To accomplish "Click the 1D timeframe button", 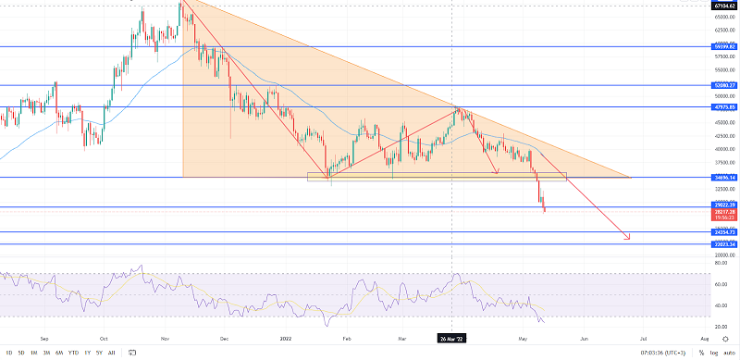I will pyautogui.click(x=9, y=353).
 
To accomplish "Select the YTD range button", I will pyautogui.click(x=73, y=353).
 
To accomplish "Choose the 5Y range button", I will pyautogui.click(x=99, y=353).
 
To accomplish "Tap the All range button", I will pyautogui.click(x=111, y=353).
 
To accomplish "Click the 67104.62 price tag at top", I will pyautogui.click(x=724, y=6).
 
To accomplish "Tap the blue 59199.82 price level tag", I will pyautogui.click(x=724, y=45).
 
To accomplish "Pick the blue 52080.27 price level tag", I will pyautogui.click(x=724, y=85).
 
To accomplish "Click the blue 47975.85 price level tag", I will pyautogui.click(x=724, y=106).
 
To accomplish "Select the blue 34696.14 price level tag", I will pyautogui.click(x=724, y=177).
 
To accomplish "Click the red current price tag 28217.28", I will pyautogui.click(x=724, y=212).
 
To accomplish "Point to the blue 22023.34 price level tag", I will pyautogui.click(x=724, y=244).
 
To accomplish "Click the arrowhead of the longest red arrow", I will pyautogui.click(x=629, y=240).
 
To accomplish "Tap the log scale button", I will pyautogui.click(x=714, y=353).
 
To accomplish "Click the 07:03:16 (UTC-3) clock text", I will pyautogui.click(x=664, y=353).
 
